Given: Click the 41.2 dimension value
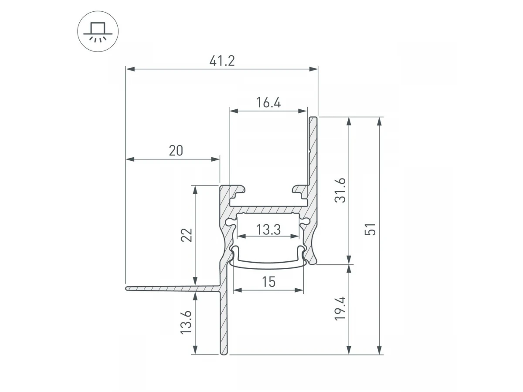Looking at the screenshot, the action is (x=222, y=61).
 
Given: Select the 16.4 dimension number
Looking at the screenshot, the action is (x=268, y=102).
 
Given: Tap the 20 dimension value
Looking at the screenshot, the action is (x=176, y=151).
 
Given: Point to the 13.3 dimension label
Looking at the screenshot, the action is (x=268, y=230).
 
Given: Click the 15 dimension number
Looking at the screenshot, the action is (x=268, y=282).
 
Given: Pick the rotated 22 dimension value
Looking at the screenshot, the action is (x=187, y=235).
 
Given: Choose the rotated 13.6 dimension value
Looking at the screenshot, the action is (x=186, y=322).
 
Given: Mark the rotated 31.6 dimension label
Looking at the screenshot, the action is (x=340, y=190).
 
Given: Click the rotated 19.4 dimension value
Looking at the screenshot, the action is (x=340, y=308).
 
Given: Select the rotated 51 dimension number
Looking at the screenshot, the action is (x=370, y=229).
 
